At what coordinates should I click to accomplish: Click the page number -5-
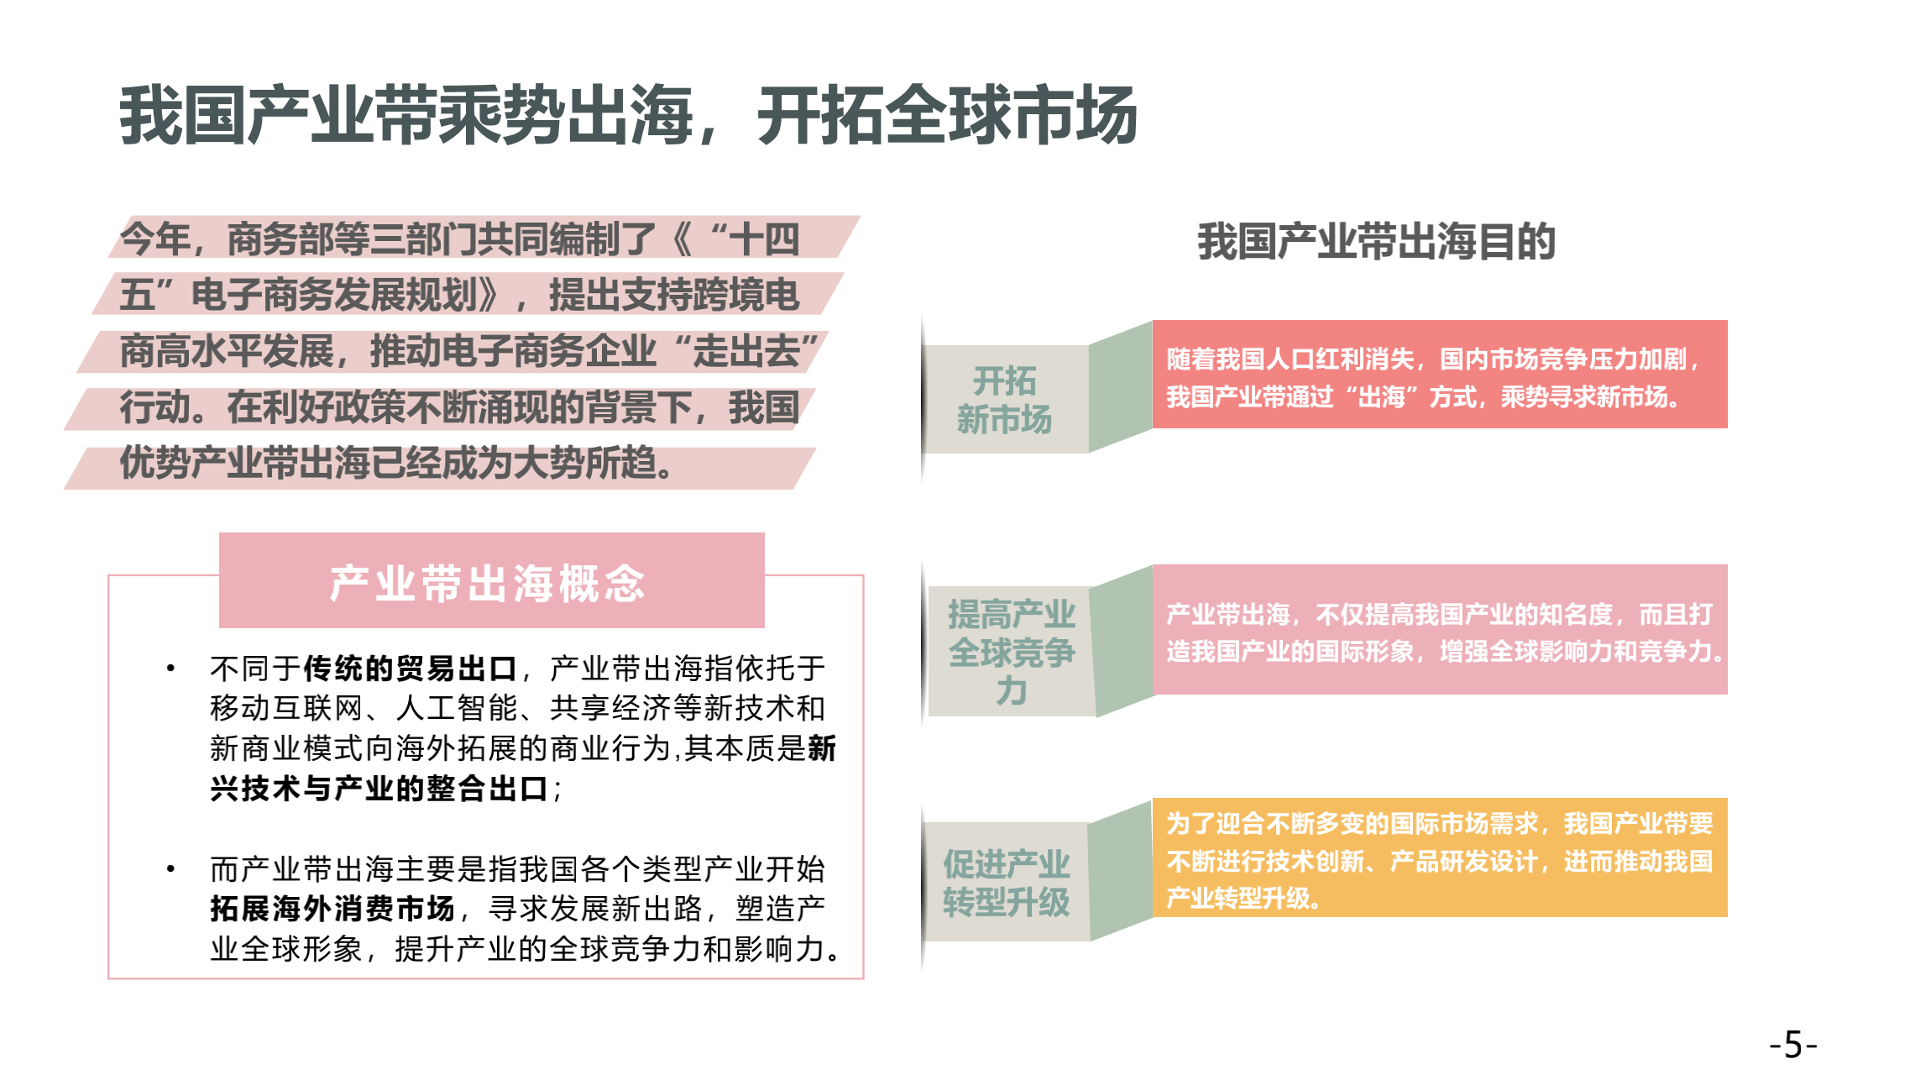coord(1792,1045)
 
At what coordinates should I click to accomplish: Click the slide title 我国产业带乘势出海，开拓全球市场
coord(628,115)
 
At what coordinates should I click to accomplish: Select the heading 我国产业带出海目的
coord(1376,242)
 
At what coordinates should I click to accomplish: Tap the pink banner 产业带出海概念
coord(492,580)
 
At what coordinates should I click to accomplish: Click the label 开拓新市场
coord(1005,400)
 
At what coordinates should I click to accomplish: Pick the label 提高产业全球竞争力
coord(1012,652)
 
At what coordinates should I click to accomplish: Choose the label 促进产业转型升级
coord(1006,882)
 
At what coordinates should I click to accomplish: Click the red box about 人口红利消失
coord(1440,375)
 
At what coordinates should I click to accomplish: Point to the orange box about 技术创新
coord(1440,857)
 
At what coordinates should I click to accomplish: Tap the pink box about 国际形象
coord(1440,630)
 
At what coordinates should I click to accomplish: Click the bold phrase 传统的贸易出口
coord(411,669)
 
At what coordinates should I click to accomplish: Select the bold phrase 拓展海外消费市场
coord(332,909)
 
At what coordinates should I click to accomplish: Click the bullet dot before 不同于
coord(170,669)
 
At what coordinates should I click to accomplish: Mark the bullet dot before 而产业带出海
coord(170,868)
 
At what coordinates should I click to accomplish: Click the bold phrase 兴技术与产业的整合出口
coord(379,789)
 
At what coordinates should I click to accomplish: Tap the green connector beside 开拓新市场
coord(1121,386)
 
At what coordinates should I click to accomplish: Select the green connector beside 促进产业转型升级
coord(1121,870)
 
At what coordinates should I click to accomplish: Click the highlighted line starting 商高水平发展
coord(453,352)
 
